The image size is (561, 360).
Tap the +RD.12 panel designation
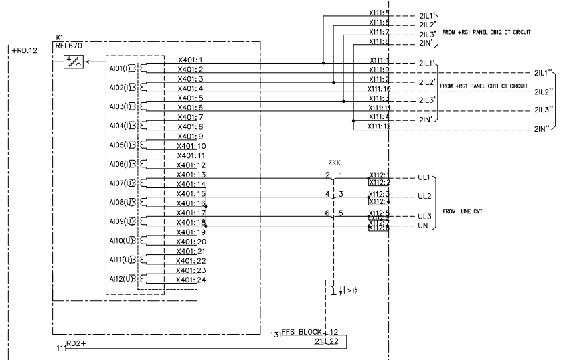tap(25, 51)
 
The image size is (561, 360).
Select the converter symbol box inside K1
tap(71, 63)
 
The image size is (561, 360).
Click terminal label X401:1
tap(191, 61)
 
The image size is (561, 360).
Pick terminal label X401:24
tap(191, 280)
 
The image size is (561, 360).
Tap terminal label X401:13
tap(191, 175)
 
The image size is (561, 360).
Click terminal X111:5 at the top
tap(379, 13)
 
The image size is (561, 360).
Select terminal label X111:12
tap(380, 126)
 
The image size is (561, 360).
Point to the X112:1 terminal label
tap(379, 175)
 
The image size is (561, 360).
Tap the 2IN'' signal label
tap(542, 128)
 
